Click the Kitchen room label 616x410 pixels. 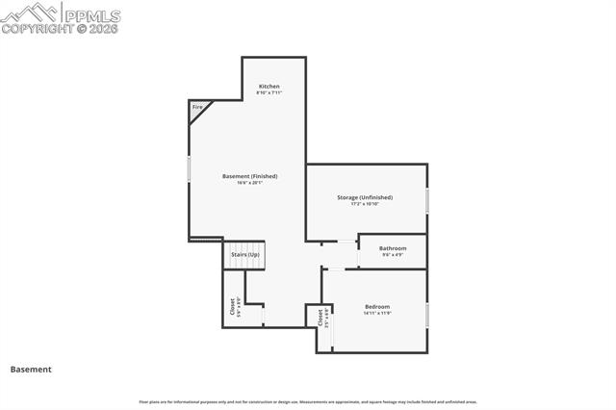(269, 87)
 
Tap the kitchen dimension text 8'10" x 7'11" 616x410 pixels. (269, 93)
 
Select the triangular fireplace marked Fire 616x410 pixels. (196, 109)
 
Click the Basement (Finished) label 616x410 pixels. (249, 176)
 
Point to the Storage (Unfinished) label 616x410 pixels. (364, 197)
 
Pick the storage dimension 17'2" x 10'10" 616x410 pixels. (364, 204)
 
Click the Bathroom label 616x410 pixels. (393, 248)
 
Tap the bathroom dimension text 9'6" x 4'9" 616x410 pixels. (393, 255)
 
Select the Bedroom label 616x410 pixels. (376, 306)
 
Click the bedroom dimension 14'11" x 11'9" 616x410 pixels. (376, 313)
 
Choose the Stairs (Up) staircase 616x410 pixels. (244, 255)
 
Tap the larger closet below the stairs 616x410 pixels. (234, 306)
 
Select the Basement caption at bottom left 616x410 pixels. (31, 369)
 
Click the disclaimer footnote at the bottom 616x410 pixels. (308, 401)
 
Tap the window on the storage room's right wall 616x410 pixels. (426, 200)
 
